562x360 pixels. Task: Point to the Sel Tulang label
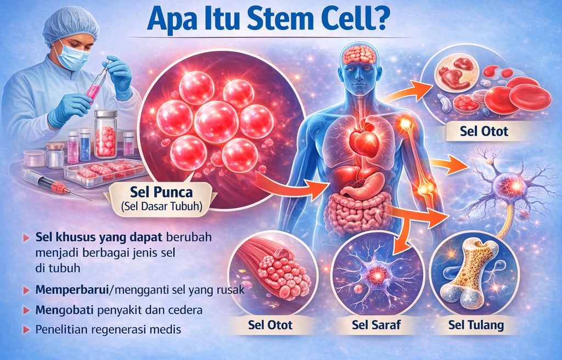475,325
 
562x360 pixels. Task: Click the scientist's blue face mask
72,57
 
